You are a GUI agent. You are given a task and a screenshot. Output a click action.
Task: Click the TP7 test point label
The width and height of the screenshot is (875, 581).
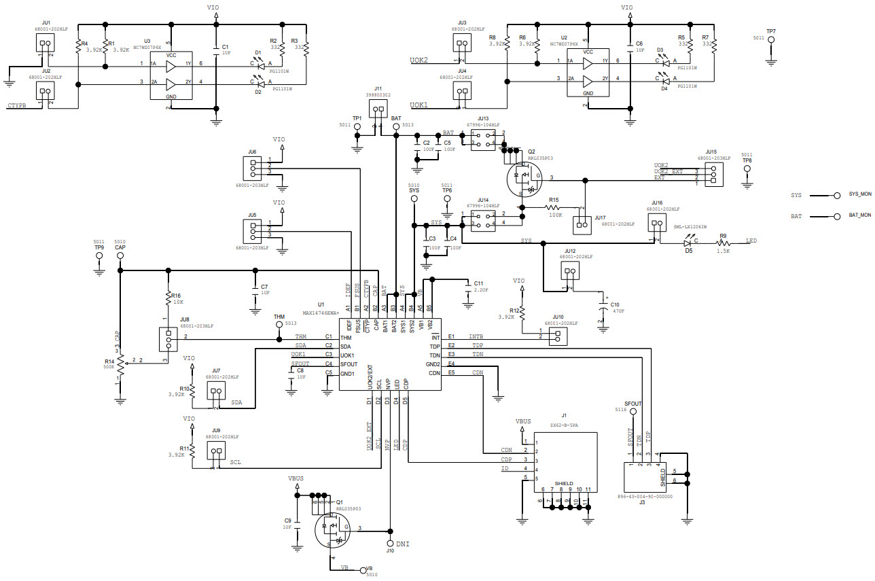pyautogui.click(x=770, y=32)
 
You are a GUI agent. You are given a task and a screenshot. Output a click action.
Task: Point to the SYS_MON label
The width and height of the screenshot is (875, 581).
pyautogui.click(x=860, y=194)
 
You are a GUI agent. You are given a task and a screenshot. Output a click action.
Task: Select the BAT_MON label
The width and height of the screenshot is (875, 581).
pyautogui.click(x=860, y=215)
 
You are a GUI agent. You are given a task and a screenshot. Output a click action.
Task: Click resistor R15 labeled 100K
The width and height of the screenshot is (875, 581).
pyautogui.click(x=554, y=207)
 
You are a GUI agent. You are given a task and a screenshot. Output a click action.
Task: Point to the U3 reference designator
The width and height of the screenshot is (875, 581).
pyautogui.click(x=147, y=41)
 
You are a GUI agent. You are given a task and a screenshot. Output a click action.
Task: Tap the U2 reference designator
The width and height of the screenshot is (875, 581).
pyautogui.click(x=564, y=37)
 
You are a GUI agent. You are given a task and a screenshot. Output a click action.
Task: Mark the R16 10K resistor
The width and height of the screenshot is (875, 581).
pyautogui.click(x=167, y=298)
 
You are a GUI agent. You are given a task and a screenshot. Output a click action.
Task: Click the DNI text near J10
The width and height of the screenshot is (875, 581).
pyautogui.click(x=403, y=544)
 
